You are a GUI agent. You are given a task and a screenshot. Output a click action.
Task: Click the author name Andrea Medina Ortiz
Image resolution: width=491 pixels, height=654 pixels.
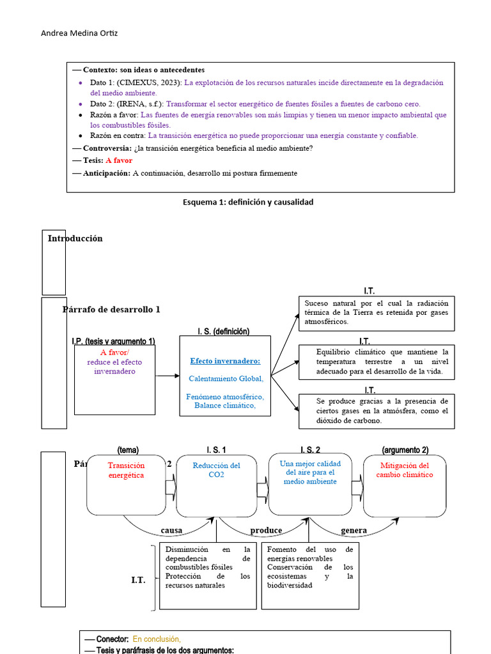[79, 33]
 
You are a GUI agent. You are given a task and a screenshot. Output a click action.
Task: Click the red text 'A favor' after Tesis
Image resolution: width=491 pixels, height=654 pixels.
[119, 160]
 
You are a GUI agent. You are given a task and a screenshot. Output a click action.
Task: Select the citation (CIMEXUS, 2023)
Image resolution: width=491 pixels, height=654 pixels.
[148, 83]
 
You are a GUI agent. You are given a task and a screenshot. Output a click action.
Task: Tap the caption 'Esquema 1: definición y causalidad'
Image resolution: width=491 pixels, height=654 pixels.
[248, 202]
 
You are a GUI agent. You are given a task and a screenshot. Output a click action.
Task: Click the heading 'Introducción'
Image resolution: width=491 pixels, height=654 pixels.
[75, 238]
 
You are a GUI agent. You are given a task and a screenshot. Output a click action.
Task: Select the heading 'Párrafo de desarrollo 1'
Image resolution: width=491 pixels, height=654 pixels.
[111, 309]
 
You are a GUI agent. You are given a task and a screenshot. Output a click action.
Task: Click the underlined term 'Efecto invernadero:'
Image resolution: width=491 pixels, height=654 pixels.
[225, 361]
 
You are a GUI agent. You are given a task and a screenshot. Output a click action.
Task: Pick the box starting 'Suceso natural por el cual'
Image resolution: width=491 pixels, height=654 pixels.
[377, 313]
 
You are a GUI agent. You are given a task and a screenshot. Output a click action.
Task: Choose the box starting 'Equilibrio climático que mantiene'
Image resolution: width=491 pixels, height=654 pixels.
[377, 361]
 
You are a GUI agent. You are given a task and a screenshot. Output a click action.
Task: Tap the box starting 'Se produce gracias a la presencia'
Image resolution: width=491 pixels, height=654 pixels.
[377, 411]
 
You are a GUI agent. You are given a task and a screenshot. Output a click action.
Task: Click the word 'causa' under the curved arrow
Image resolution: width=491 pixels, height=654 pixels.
[171, 531]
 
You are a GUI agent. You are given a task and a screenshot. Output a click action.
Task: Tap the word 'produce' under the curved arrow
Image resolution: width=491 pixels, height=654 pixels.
[266, 531]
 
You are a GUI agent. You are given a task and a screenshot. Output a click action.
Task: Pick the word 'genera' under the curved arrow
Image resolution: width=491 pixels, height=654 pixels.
[354, 531]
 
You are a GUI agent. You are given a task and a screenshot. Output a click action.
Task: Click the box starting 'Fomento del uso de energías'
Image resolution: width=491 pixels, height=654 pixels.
[310, 567]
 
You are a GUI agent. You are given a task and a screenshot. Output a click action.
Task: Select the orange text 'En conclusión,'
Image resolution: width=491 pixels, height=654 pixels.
[157, 639]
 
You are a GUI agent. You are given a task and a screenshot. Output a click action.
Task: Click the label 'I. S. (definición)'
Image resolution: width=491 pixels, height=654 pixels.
[224, 331]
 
